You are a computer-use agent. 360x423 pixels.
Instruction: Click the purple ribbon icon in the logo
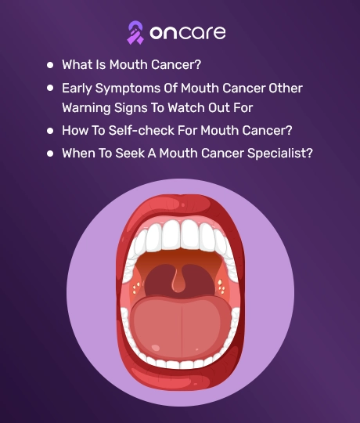[x=135, y=32]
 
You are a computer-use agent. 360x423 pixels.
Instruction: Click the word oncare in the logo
[x=188, y=33]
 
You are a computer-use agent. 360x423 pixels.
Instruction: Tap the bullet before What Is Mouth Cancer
[x=50, y=65]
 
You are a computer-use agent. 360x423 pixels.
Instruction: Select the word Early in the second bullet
[x=77, y=89]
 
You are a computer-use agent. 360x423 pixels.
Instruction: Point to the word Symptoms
[x=128, y=89]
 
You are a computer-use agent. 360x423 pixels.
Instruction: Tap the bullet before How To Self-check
[x=50, y=131]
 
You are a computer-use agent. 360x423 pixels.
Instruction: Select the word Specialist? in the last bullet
[x=280, y=154]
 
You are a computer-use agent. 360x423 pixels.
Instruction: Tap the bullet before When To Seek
[x=50, y=154]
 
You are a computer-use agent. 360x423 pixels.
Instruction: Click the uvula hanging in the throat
[x=179, y=283]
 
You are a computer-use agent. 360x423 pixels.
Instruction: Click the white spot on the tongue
[x=156, y=348]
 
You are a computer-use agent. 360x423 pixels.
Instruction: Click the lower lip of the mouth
[x=180, y=378]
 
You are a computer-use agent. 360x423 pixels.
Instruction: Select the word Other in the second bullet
[x=286, y=89]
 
